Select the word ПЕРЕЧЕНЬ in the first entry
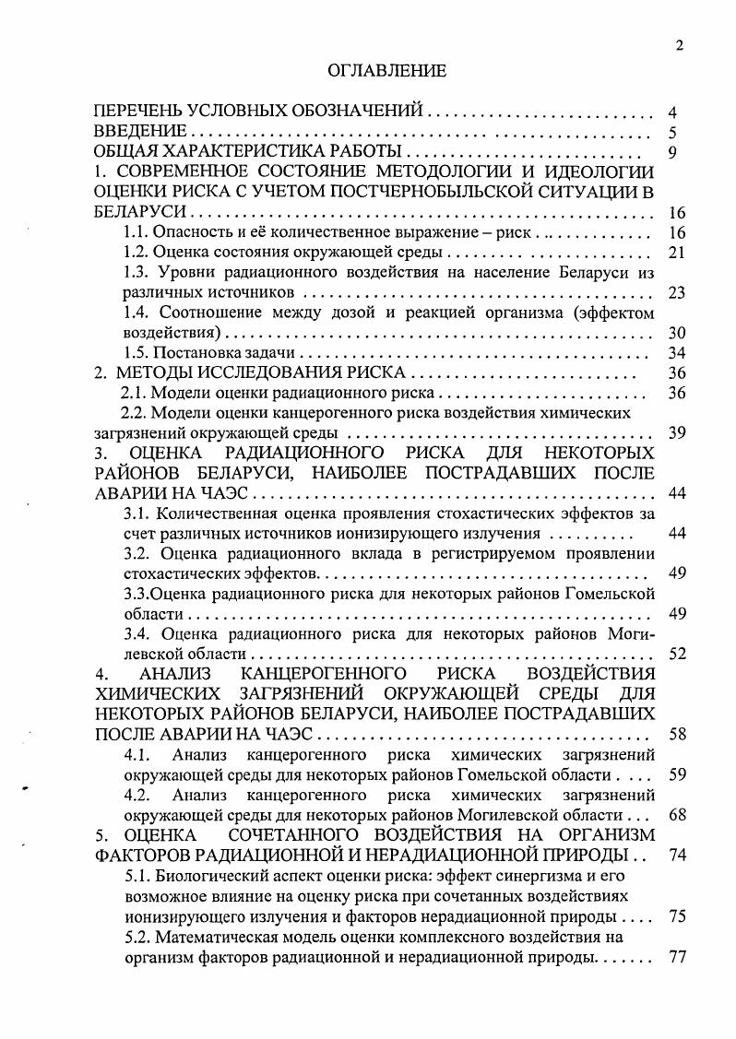[141, 112]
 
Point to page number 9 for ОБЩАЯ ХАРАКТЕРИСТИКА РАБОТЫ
[672, 152]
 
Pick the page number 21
[674, 253]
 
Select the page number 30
[674, 333]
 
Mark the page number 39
[674, 433]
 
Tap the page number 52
[674, 654]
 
